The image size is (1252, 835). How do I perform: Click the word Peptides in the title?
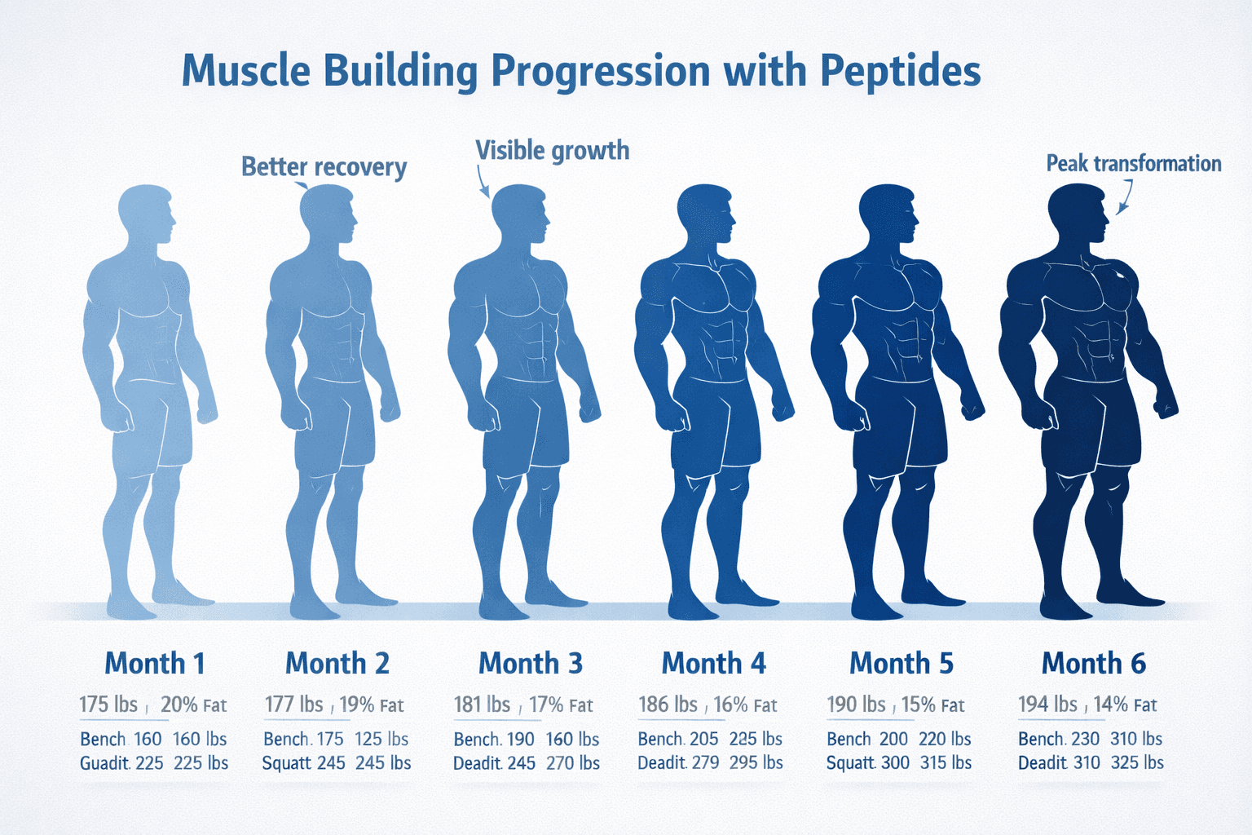click(900, 72)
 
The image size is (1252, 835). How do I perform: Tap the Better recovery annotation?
click(324, 167)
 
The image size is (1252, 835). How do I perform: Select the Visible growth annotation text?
click(552, 151)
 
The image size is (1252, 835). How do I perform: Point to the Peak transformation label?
click(1133, 164)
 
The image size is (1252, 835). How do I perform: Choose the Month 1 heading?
click(155, 664)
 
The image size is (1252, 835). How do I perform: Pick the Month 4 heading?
click(713, 664)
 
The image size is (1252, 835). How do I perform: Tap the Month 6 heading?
click(1093, 664)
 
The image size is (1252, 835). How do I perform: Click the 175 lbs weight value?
click(108, 705)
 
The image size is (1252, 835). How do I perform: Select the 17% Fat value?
click(561, 705)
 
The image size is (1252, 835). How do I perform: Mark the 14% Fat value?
click(1125, 705)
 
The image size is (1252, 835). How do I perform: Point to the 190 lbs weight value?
click(856, 705)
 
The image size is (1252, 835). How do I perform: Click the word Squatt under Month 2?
click(286, 763)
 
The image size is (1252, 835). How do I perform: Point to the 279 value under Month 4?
click(705, 763)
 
